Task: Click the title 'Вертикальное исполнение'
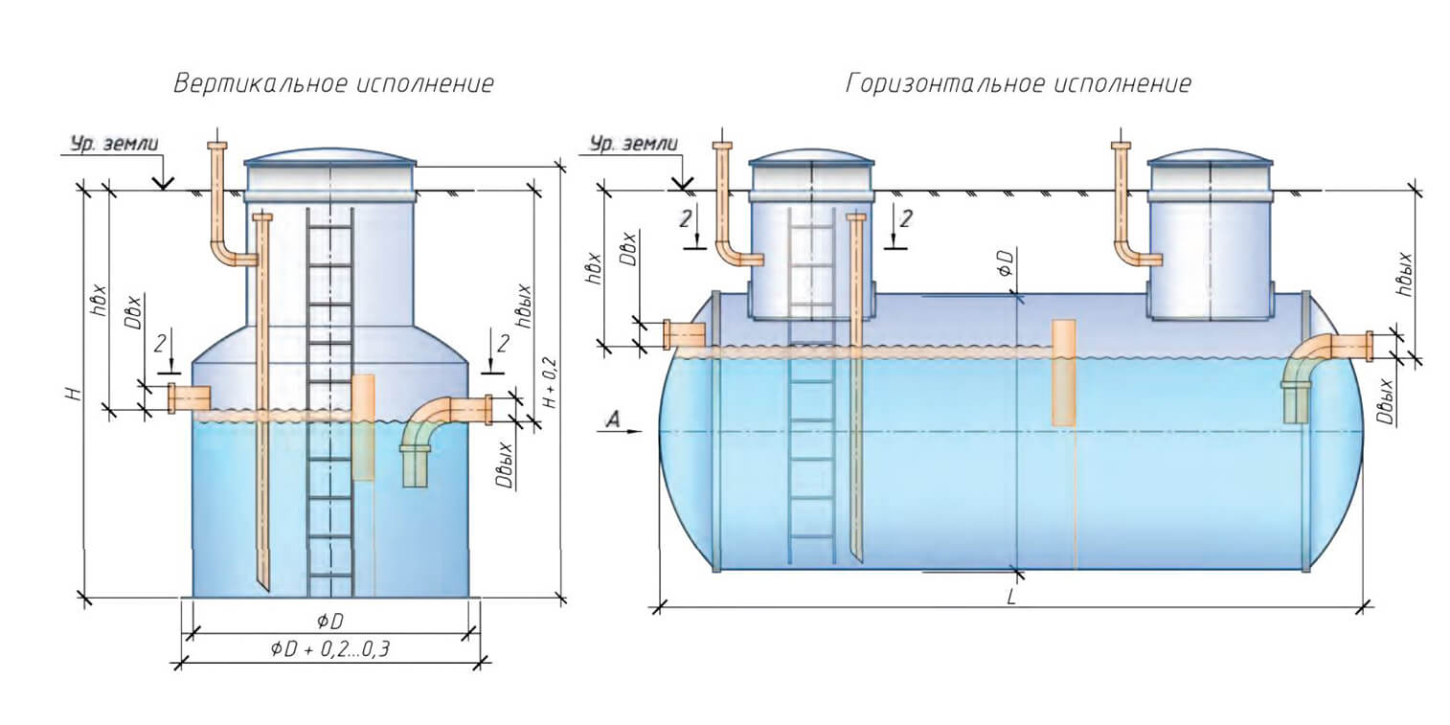pyautogui.click(x=333, y=84)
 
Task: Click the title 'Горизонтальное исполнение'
pyautogui.click(x=1019, y=84)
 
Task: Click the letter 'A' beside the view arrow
pyautogui.click(x=612, y=418)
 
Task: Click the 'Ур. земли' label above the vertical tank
pyautogui.click(x=114, y=144)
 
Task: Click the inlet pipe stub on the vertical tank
pyautogui.click(x=190, y=396)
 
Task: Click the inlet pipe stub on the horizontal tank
pyautogui.click(x=684, y=334)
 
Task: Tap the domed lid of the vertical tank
pyautogui.click(x=330, y=157)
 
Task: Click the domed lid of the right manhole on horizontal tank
pyautogui.click(x=1211, y=156)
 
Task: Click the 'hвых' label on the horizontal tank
pyautogui.click(x=1406, y=275)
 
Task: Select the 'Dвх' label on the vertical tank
pyautogui.click(x=135, y=315)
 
